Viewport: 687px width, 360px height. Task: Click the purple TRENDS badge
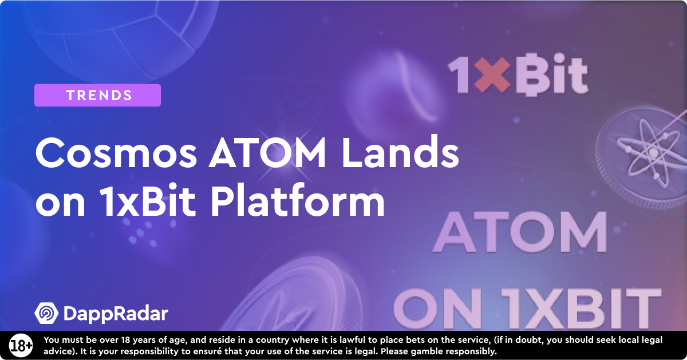pos(97,95)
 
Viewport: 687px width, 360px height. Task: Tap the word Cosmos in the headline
pos(116,153)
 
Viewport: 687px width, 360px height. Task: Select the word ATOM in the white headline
pos(267,153)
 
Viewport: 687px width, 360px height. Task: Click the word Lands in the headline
pos(401,152)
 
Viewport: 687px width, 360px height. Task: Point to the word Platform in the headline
pos(298,200)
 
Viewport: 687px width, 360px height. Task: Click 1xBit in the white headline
pos(147,200)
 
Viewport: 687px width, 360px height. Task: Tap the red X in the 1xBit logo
pos(492,76)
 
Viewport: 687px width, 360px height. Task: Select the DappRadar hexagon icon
pos(46,313)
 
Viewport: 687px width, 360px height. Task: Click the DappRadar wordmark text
pos(116,314)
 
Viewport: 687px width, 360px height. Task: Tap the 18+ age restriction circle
pos(21,346)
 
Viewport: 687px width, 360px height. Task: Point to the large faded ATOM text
pos(520,232)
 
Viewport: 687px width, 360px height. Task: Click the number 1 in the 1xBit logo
pos(459,76)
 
